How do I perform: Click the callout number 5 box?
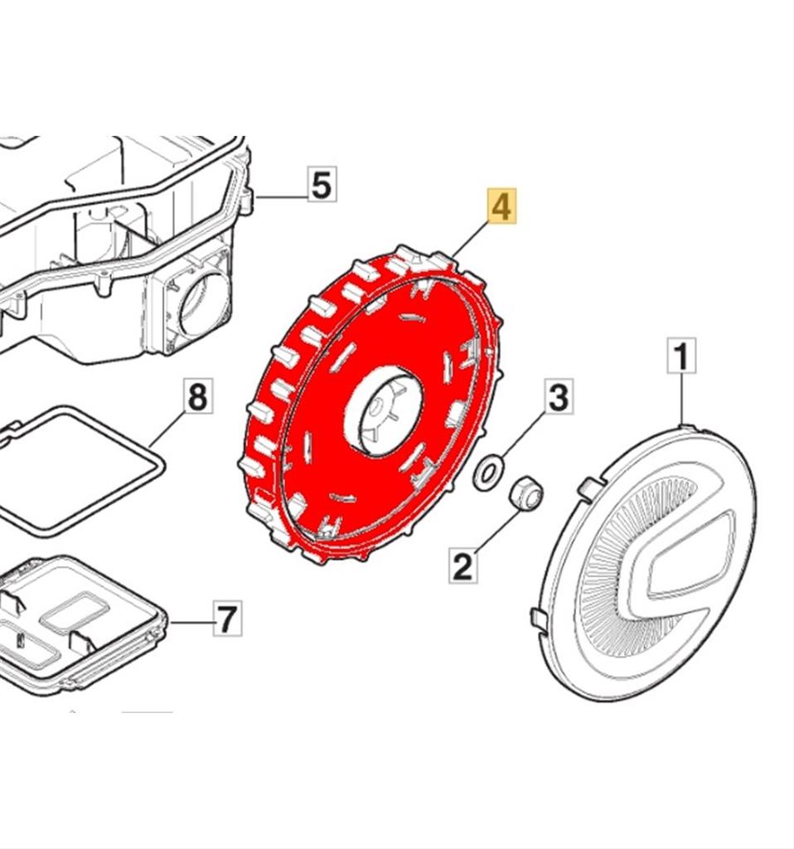(x=322, y=184)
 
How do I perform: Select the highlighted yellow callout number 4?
(x=501, y=206)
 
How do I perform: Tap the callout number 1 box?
(x=681, y=357)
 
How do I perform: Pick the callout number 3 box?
(x=559, y=397)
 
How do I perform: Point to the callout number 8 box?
(x=197, y=397)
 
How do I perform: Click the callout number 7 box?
(x=227, y=619)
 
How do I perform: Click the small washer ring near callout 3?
(x=487, y=473)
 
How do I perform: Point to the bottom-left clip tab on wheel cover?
(x=539, y=617)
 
